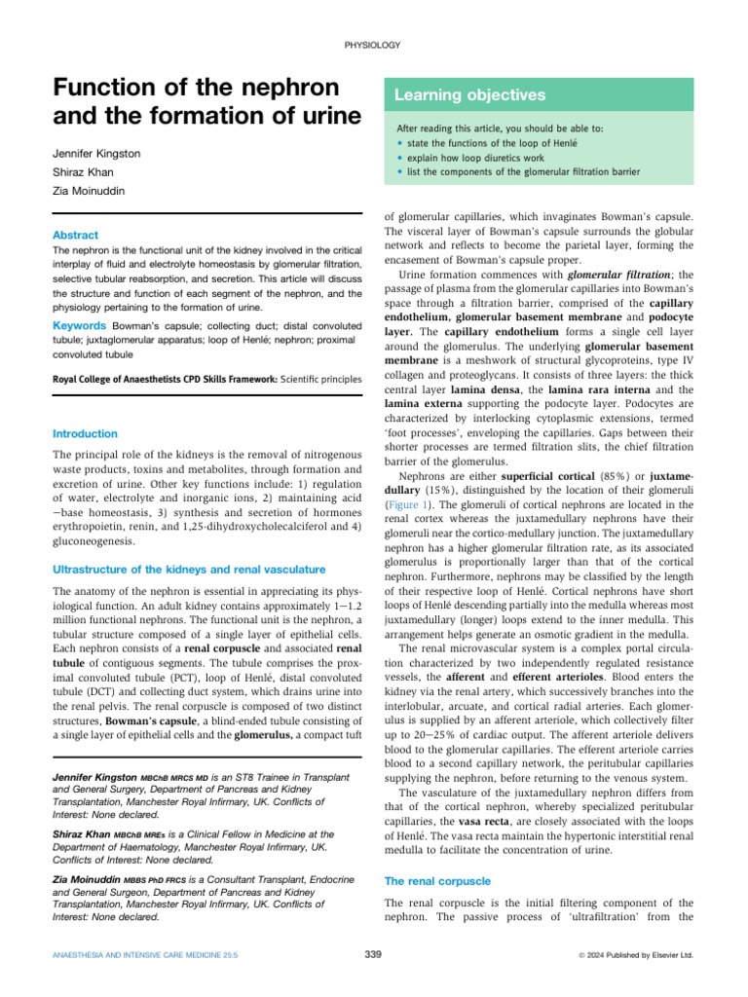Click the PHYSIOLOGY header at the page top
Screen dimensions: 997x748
[373, 46]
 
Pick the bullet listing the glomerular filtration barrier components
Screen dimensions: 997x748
[523, 171]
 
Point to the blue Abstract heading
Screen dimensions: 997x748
[75, 235]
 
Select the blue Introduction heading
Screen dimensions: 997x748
[85, 433]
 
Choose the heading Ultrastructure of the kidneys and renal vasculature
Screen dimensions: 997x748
[189, 569]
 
